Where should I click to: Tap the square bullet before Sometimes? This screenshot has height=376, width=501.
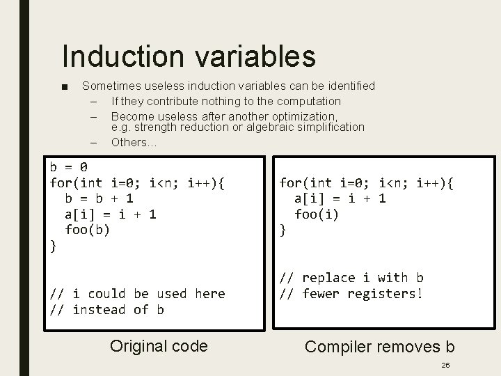coord(65,87)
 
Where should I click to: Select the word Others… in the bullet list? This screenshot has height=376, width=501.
coord(134,142)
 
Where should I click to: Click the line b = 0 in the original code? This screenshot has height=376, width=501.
coord(68,167)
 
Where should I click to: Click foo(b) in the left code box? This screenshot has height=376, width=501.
coord(87,229)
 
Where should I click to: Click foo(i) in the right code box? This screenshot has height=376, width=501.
coord(317,214)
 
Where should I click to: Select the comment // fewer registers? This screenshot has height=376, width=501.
coord(351,293)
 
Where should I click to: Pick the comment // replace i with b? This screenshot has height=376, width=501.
coord(351,278)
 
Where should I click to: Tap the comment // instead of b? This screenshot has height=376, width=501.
coord(106,309)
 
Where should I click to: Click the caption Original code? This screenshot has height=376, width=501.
coord(159,346)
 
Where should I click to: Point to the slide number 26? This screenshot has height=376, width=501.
coord(445,365)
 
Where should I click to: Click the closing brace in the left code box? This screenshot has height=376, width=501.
coord(54,245)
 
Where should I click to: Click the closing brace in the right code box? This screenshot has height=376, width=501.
coord(283,230)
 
